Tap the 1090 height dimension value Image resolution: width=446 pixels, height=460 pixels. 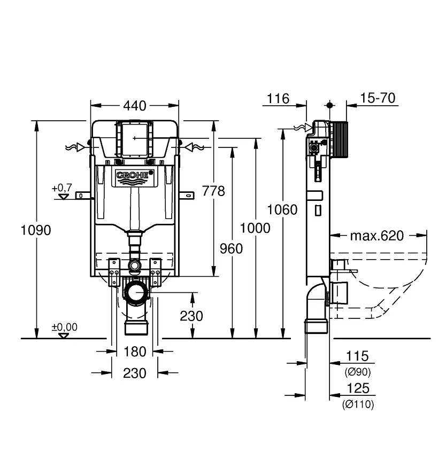click(36, 230)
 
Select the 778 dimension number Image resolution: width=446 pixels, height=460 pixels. click(213, 191)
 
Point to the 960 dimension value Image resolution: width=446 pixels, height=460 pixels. click(230, 248)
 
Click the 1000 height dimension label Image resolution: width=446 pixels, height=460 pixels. click(255, 228)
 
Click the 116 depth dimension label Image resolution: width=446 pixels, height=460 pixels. click(278, 98)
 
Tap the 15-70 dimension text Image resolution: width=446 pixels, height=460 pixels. click(378, 98)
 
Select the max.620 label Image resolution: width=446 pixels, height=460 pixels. click(377, 235)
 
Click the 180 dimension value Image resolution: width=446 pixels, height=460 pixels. click(134, 352)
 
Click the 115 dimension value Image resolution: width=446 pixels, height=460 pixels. click(357, 356)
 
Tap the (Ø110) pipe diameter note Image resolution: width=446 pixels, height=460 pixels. click(358, 404)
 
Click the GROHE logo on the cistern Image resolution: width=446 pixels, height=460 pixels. click(134, 175)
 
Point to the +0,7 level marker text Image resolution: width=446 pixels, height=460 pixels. click(61, 188)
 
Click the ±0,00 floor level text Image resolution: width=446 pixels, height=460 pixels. click(64, 327)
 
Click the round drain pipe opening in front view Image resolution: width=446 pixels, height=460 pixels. click(136, 293)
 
